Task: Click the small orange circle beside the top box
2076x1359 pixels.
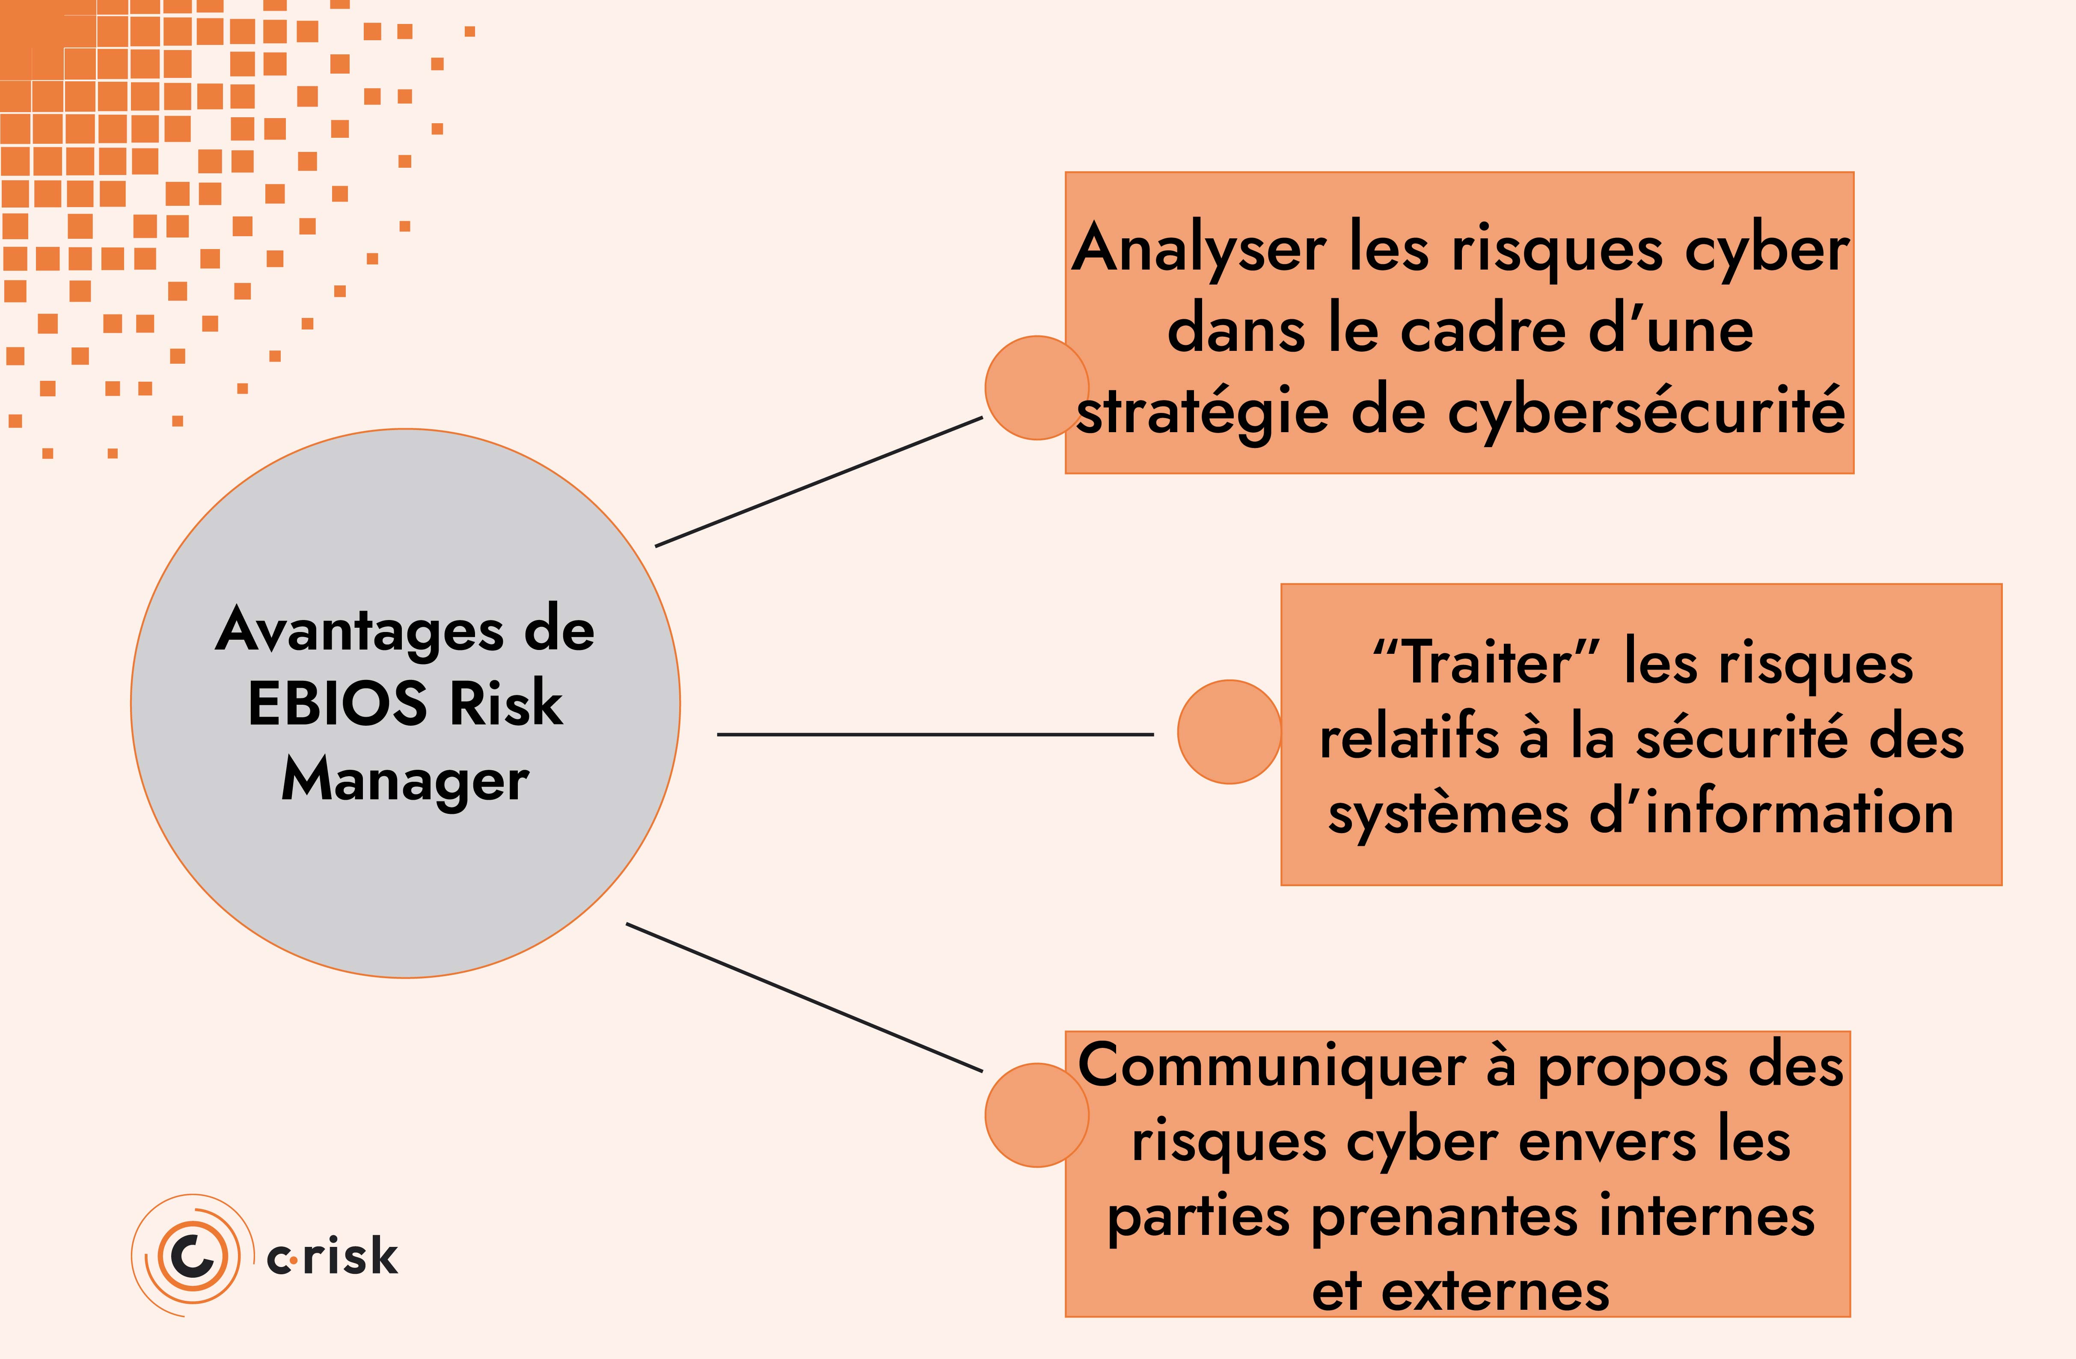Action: coord(1036,387)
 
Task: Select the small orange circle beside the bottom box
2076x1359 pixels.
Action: coord(1036,1115)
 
